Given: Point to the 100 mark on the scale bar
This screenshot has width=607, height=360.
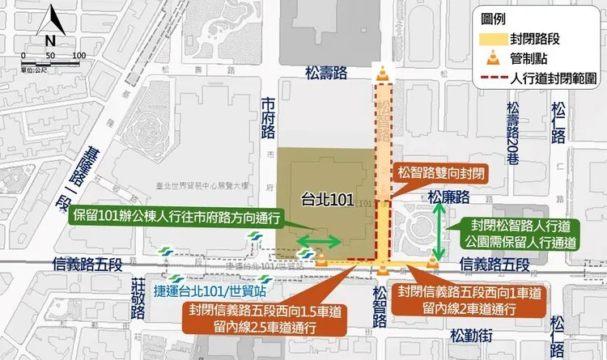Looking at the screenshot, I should point(79,55).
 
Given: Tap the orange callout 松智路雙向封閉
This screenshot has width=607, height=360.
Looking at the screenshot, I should point(441,173).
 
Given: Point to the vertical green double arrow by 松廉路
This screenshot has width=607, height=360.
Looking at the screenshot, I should point(439,231).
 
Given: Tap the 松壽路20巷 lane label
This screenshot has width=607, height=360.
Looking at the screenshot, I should point(512,133).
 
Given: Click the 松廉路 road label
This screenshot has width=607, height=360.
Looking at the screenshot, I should point(449,197).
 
